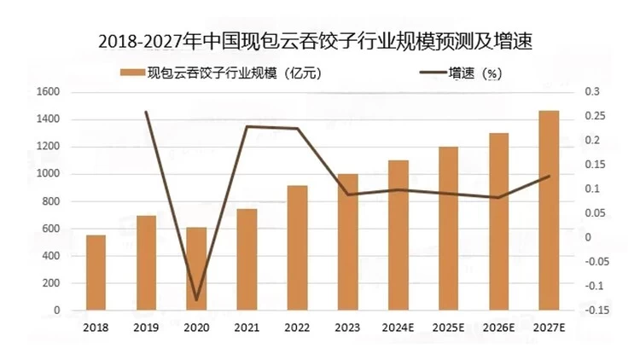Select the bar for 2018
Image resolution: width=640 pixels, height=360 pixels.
tap(96, 272)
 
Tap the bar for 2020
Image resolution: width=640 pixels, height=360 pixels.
tap(196, 269)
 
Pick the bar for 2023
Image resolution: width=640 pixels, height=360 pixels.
tap(347, 242)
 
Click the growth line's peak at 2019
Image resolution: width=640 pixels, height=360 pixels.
tap(147, 112)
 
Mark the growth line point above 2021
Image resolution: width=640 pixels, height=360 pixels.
tap(247, 127)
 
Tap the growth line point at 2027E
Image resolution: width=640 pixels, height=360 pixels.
tap(549, 176)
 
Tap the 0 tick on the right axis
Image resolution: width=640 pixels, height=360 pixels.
tap(588, 237)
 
